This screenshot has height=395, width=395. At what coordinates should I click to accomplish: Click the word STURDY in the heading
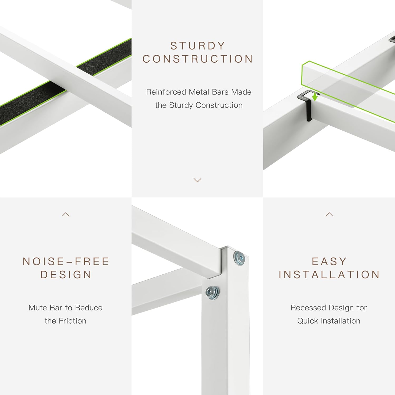click(x=198, y=46)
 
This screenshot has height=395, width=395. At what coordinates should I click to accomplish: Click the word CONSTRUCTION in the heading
click(x=198, y=59)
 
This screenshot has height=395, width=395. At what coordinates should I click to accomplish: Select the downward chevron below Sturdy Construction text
click(x=197, y=180)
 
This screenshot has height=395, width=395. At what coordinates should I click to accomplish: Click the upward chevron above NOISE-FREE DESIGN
click(x=66, y=214)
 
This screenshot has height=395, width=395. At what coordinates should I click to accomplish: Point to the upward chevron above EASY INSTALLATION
click(x=329, y=214)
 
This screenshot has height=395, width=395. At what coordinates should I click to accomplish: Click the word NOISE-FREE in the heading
click(x=66, y=261)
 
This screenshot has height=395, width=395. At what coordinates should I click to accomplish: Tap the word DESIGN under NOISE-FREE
click(x=66, y=275)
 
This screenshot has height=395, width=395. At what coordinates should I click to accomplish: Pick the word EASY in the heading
click(x=329, y=261)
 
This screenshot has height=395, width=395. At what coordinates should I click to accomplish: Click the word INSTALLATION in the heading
click(x=329, y=275)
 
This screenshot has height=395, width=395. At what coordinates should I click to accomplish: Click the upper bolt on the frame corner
click(x=239, y=258)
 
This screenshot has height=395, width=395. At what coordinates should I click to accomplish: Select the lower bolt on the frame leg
click(x=213, y=292)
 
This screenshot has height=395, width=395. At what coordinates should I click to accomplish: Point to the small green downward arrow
click(x=315, y=97)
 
